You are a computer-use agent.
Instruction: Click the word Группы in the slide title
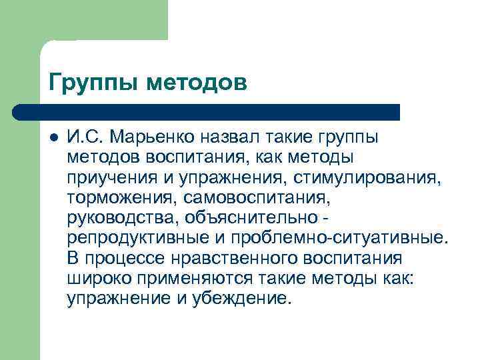point(93,83)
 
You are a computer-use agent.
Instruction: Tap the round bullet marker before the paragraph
point(53,139)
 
